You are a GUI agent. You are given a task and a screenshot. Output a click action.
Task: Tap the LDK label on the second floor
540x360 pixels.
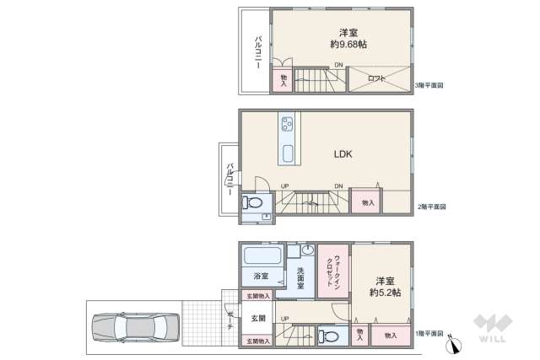tap(343, 154)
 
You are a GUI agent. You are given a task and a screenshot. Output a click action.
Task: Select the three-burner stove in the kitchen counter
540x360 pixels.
tap(287, 124)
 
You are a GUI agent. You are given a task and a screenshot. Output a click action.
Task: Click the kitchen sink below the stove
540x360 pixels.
tap(288, 154)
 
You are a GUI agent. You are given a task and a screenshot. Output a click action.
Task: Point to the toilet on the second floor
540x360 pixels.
tap(255, 203)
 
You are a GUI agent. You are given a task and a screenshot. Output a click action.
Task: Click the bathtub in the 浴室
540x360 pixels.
tap(263, 256)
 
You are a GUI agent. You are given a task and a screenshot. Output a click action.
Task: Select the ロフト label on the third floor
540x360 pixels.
tap(377, 78)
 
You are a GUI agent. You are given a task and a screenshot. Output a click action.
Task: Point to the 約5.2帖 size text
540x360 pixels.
tap(385, 292)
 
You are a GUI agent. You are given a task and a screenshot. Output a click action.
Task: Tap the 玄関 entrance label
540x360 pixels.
tap(258, 318)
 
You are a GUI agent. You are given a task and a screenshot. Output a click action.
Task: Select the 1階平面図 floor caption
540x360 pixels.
tap(431, 335)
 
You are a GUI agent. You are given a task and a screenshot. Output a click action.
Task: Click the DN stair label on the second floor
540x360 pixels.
tap(338, 186)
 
